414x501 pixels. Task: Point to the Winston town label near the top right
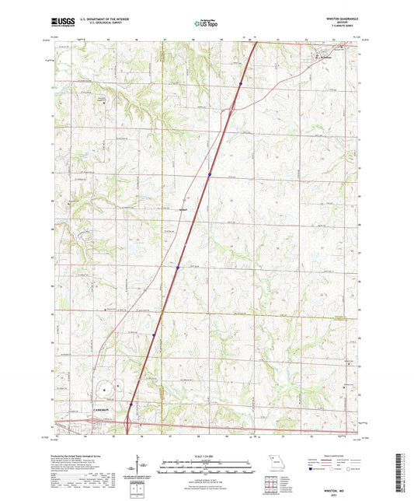326,58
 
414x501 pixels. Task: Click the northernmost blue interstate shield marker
242,83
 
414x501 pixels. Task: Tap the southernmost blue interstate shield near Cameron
130,405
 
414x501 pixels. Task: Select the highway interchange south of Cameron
126,424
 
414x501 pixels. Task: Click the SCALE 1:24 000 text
207,455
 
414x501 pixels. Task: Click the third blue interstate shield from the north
178,267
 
